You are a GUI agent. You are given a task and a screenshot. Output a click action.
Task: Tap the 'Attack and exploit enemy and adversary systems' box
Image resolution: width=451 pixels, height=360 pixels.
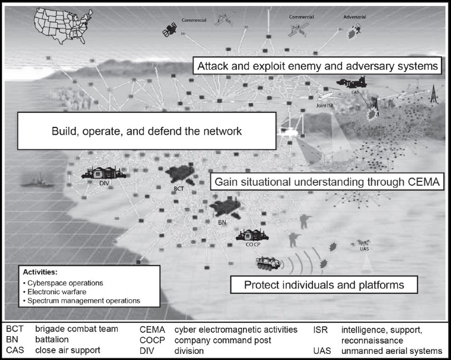pyautogui.click(x=317, y=66)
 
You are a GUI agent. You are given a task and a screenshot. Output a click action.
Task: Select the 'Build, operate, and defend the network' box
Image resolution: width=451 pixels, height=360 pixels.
pyautogui.click(x=147, y=131)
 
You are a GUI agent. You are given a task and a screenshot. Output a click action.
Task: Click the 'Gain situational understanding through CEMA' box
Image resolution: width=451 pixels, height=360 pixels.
pyautogui.click(x=327, y=182)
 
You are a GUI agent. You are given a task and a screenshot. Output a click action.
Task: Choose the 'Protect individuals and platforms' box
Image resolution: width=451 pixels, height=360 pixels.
pyautogui.click(x=324, y=285)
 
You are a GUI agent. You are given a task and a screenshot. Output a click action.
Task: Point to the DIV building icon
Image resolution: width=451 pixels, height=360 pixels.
pyautogui.click(x=104, y=172)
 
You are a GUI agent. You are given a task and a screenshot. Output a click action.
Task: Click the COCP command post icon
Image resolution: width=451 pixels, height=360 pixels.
pyautogui.click(x=252, y=235)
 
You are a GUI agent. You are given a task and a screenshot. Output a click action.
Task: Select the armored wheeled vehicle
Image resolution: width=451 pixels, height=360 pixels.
pyautogui.click(x=269, y=263)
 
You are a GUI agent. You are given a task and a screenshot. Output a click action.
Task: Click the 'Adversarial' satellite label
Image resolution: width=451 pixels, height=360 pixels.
pyautogui.click(x=355, y=17)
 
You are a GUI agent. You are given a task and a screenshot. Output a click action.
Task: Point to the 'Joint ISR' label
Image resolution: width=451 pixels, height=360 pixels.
pyautogui.click(x=325, y=106)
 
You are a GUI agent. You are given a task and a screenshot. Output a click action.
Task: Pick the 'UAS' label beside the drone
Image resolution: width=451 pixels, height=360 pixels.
pyautogui.click(x=364, y=249)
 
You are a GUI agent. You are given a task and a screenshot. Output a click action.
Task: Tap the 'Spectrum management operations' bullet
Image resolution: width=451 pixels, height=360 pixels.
pyautogui.click(x=82, y=300)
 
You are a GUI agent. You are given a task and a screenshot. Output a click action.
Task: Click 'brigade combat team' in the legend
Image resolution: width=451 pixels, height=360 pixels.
pyautogui.click(x=77, y=329)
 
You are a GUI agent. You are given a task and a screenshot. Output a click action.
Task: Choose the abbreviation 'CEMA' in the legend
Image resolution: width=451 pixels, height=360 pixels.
pyautogui.click(x=152, y=329)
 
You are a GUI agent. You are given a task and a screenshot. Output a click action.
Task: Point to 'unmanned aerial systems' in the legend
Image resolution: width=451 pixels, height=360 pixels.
pyautogui.click(x=391, y=351)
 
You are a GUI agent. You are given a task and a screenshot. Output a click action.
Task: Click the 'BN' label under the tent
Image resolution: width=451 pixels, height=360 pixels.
pyautogui.click(x=222, y=223)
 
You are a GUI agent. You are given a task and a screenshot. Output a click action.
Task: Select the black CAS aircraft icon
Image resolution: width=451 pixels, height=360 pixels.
pyautogui.click(x=351, y=82)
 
